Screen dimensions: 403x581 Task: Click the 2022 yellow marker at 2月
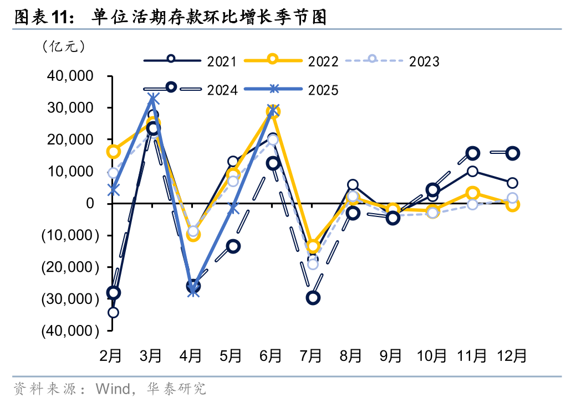[113, 151]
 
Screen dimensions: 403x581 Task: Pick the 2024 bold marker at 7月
[313, 298]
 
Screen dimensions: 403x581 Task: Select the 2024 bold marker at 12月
[512, 153]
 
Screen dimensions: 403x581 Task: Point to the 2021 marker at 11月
[472, 172]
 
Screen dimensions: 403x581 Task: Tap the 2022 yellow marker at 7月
[313, 246]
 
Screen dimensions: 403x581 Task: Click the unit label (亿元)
[64, 46]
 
